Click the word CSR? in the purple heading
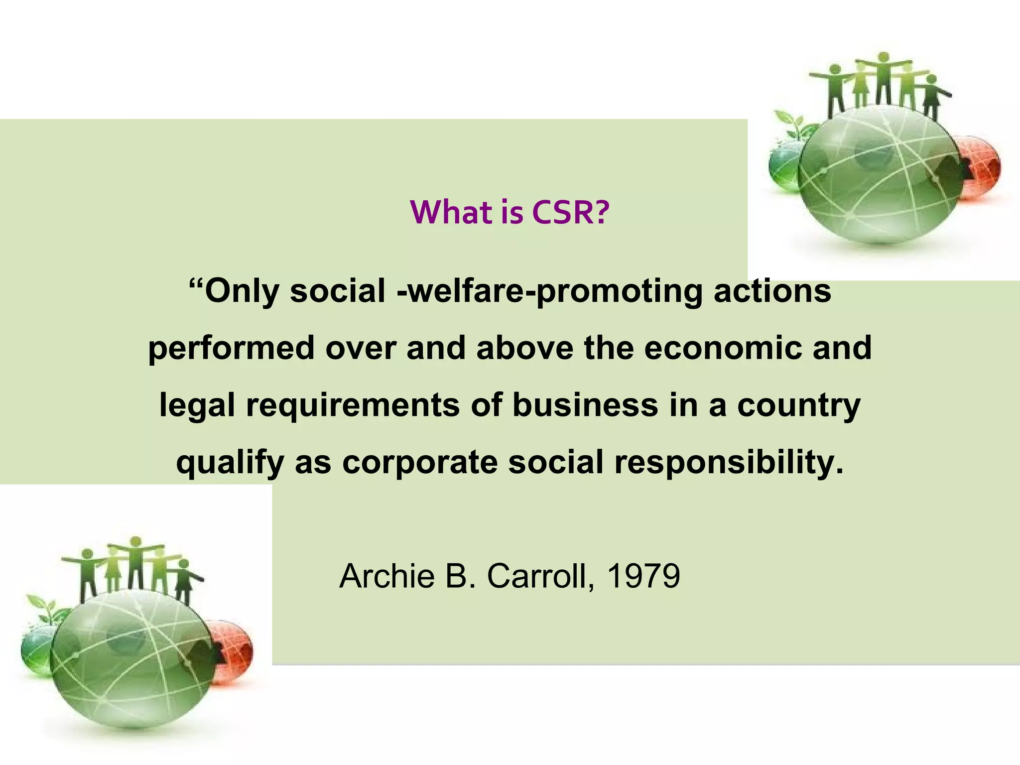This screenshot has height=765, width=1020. pyautogui.click(x=570, y=212)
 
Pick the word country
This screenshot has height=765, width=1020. pyautogui.click(x=799, y=406)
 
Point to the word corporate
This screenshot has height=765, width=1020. pyautogui.click(x=420, y=463)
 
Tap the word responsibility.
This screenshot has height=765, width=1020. pyautogui.click(x=729, y=463)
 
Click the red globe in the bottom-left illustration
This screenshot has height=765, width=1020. pyautogui.click(x=234, y=650)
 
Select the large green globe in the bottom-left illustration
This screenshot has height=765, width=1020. pyautogui.click(x=132, y=657)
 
